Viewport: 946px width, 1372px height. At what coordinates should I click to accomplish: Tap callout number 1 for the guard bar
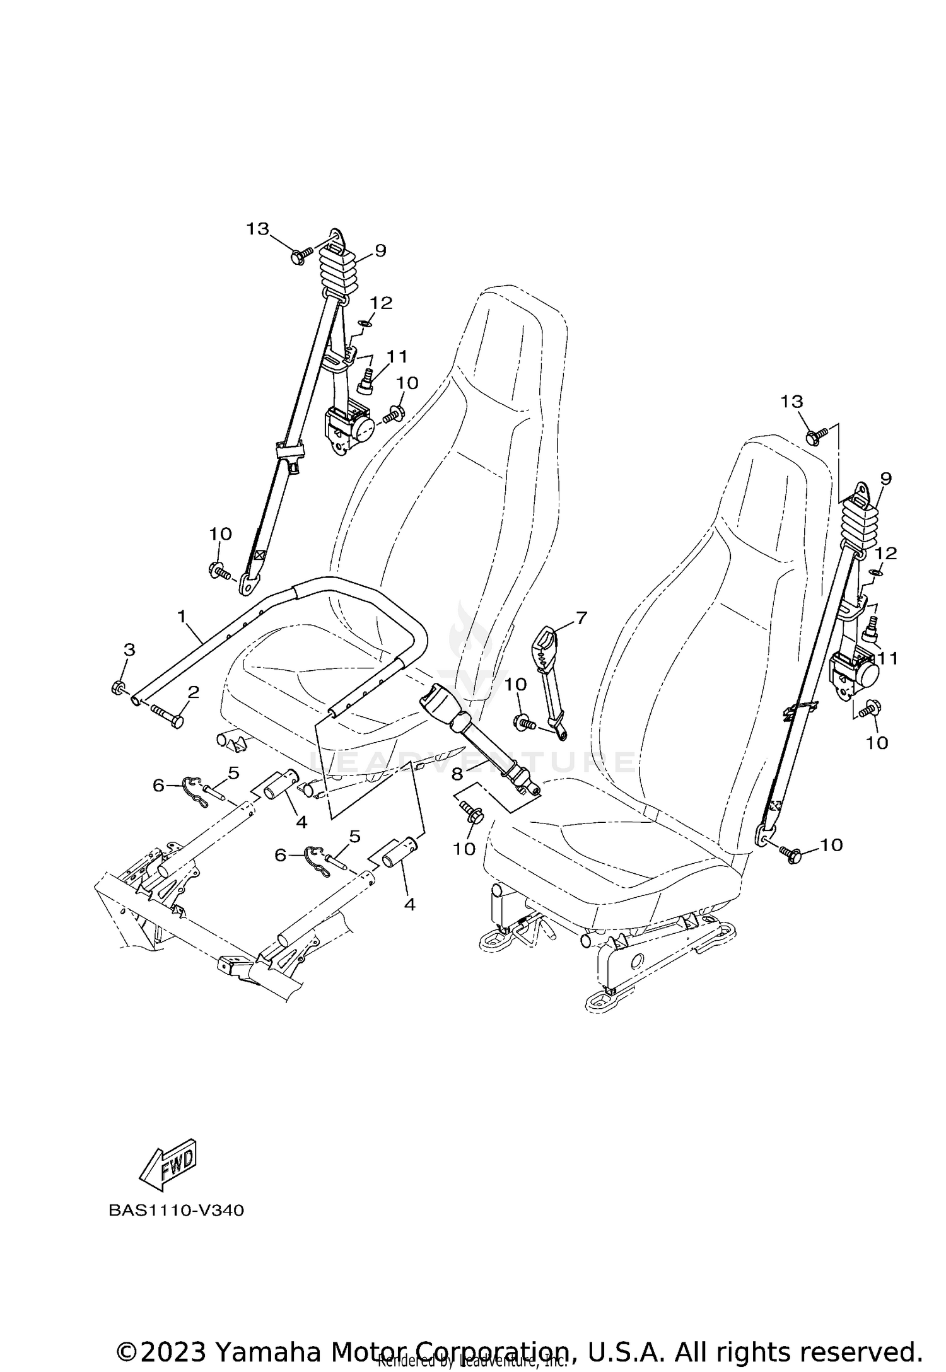tap(182, 616)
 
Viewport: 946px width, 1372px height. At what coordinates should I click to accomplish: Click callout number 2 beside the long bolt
tap(194, 692)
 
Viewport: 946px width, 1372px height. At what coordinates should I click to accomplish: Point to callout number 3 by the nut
tap(129, 649)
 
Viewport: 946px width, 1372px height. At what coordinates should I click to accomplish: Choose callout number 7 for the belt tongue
tap(581, 618)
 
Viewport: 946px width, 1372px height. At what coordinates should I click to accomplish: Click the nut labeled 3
tap(117, 688)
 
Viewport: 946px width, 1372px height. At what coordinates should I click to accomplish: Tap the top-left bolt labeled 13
tap(299, 256)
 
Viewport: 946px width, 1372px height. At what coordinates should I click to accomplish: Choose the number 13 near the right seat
tap(792, 401)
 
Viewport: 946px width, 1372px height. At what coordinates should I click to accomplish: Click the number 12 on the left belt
tap(381, 303)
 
